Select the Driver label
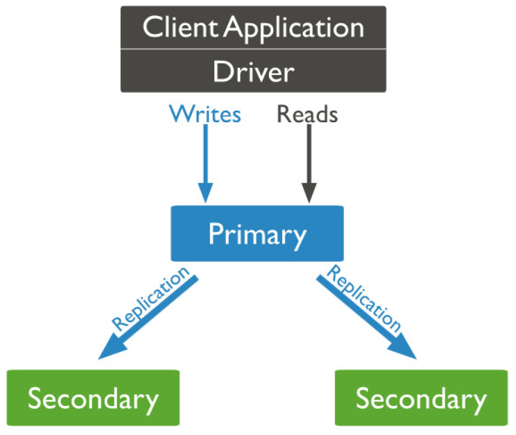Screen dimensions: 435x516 [253, 72]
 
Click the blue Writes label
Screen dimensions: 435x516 [205, 114]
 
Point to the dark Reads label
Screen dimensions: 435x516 [307, 114]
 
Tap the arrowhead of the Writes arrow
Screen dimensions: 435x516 [206, 194]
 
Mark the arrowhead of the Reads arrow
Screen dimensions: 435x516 [308, 194]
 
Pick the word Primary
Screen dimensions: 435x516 [257, 234]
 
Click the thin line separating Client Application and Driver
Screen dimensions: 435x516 [253, 49]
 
